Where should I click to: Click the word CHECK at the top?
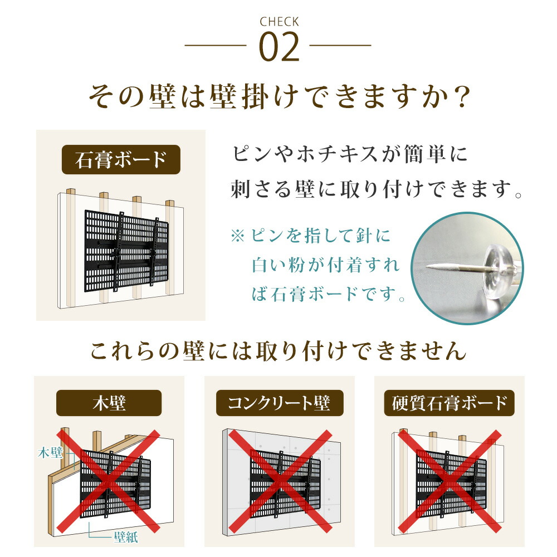click(279, 22)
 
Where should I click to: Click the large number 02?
click(279, 48)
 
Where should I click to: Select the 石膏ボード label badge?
click(121, 159)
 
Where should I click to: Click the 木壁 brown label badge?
click(109, 403)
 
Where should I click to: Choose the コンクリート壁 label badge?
click(279, 403)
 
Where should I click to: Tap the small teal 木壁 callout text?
click(50, 452)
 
